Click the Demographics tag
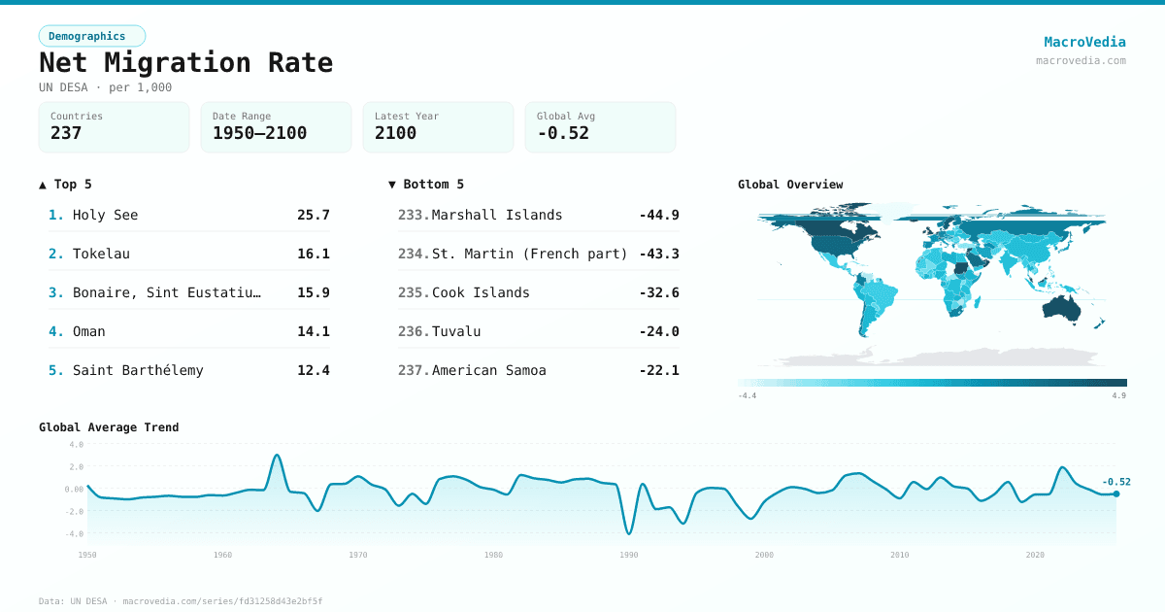click(91, 36)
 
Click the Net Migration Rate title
click(185, 63)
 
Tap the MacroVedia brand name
click(1084, 42)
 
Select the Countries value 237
click(66, 133)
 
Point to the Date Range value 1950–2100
click(259, 133)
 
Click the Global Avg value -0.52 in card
click(563, 133)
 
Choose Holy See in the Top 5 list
click(105, 215)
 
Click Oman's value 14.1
click(313, 331)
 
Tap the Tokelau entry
click(101, 254)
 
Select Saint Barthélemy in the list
click(138, 370)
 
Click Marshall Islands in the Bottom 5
click(496, 215)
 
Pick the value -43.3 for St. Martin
click(658, 254)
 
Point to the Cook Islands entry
click(481, 292)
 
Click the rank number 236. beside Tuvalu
click(413, 331)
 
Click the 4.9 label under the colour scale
click(1119, 395)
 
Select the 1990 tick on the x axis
click(629, 555)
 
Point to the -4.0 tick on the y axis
click(76, 533)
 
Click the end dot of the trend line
click(1115, 493)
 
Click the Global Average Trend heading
click(109, 427)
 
